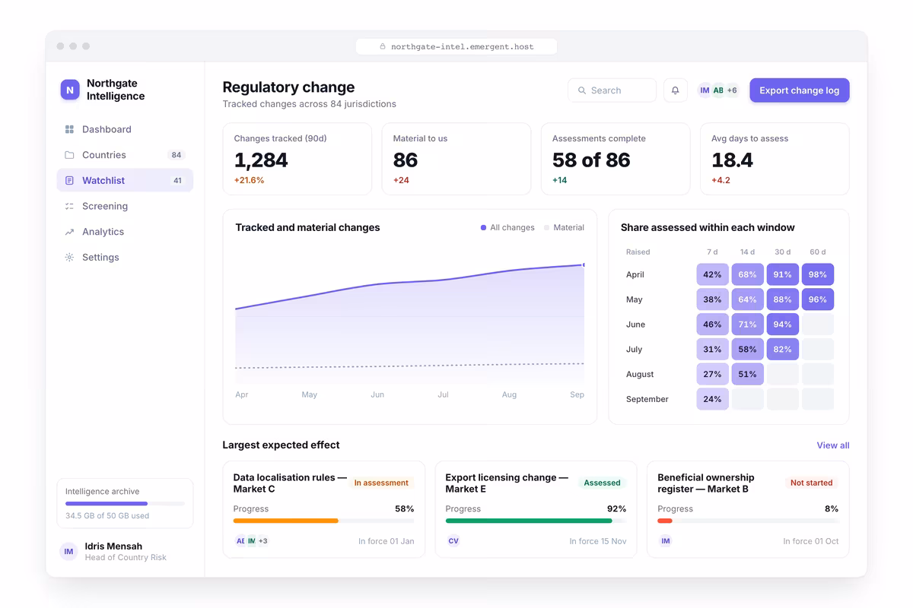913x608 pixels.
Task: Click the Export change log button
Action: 800,90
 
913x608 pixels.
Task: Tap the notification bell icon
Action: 676,90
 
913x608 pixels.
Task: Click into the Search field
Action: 612,90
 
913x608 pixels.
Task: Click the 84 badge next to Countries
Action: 176,155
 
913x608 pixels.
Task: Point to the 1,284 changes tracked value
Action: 261,160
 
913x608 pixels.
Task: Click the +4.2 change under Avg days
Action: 721,180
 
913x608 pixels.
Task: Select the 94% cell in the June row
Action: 782,325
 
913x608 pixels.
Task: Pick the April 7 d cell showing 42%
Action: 712,274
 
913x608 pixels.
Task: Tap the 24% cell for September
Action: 712,399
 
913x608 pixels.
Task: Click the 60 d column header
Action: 817,252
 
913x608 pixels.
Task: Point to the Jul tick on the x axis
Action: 443,394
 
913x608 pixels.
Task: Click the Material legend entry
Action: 564,228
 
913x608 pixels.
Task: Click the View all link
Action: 832,445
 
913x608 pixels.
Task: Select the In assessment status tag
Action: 380,483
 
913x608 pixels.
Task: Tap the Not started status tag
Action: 811,483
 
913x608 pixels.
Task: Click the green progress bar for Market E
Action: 529,521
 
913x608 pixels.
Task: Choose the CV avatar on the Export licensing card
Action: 453,541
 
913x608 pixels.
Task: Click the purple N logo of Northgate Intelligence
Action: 70,90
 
